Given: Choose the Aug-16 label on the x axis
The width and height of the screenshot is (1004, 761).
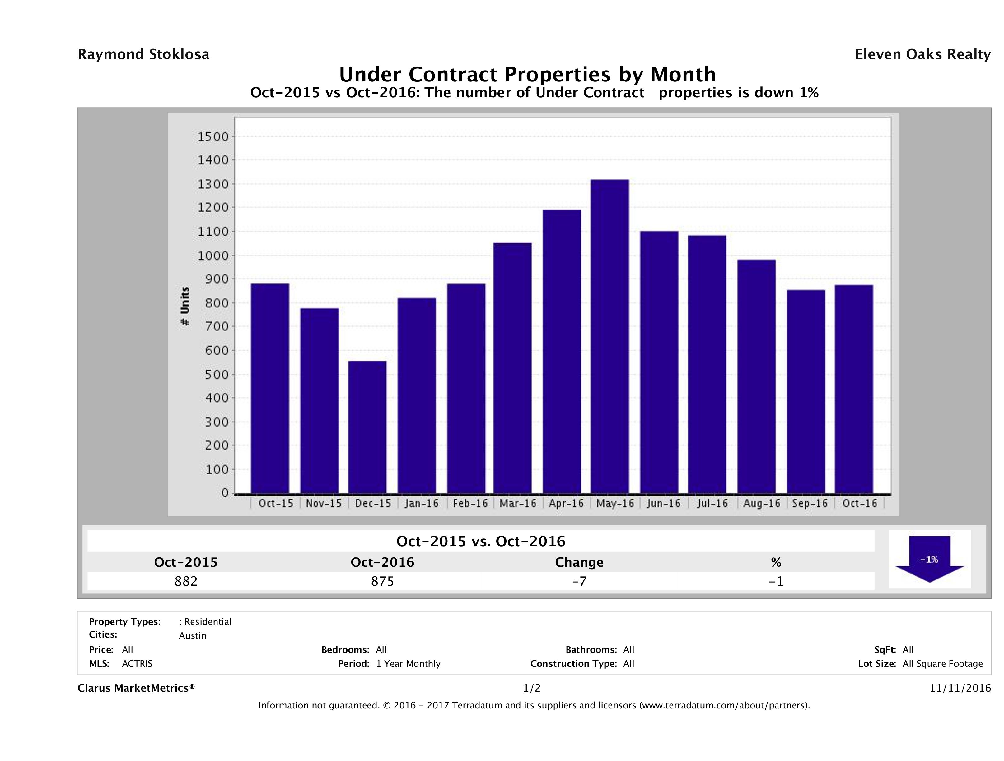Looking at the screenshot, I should [x=762, y=503].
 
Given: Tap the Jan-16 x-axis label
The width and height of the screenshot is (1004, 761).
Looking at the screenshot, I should [x=422, y=503].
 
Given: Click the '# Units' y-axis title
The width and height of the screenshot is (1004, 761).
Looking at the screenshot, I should [x=185, y=307].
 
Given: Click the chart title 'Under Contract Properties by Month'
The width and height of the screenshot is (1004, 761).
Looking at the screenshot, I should [x=527, y=74].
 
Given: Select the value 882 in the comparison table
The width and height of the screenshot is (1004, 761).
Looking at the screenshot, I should [x=186, y=581].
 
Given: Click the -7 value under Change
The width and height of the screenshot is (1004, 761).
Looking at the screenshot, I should [x=579, y=581].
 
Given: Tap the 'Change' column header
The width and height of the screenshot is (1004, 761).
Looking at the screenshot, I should [x=579, y=562].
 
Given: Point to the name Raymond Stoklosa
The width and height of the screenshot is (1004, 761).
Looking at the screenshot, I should [x=143, y=54].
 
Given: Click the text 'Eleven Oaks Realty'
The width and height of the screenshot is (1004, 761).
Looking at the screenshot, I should [x=922, y=54].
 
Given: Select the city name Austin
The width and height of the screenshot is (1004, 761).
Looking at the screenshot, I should [x=193, y=636].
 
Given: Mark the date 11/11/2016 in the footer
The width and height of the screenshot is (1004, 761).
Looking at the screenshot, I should [x=960, y=689].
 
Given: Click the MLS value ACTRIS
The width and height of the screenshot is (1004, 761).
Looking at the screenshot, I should [x=137, y=664].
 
